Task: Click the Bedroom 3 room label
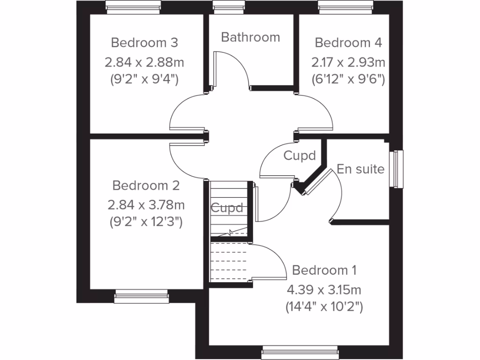144,43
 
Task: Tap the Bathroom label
250,37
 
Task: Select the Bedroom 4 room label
348,43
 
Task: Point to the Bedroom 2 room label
146,186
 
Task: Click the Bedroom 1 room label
324,270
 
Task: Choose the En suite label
360,169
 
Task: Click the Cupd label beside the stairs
227,208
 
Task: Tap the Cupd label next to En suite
300,155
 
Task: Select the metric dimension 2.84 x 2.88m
144,62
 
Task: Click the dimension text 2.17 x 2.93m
348,62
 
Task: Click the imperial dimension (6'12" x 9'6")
348,79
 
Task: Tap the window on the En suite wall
398,169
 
